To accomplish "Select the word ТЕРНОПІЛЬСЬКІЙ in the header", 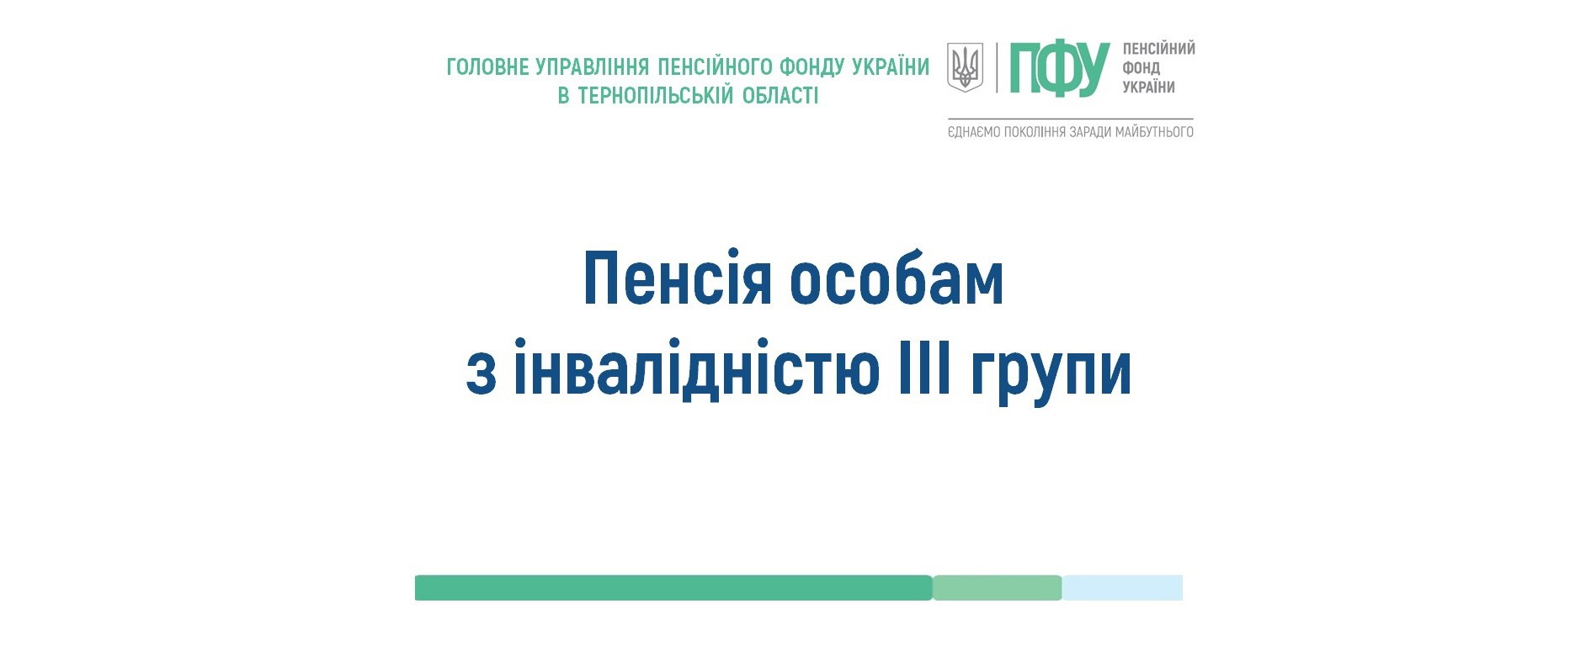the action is click(x=655, y=95).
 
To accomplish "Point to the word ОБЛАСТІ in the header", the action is click(x=780, y=95).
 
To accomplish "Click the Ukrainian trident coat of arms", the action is click(x=966, y=67).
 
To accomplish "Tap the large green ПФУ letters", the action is click(x=1060, y=69).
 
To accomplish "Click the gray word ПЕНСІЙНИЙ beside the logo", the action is click(x=1159, y=49).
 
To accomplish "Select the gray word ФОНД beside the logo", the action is click(x=1141, y=68).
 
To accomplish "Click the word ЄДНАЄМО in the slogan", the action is click(x=974, y=132).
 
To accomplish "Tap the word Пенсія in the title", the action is click(x=677, y=279).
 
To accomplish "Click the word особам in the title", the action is click(x=897, y=279).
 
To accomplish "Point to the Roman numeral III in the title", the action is click(x=924, y=368).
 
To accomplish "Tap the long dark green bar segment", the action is click(x=673, y=588).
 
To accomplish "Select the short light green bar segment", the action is click(x=998, y=588).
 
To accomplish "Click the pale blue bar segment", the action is click(x=1122, y=588).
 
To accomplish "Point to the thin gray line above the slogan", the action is click(x=1071, y=119).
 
